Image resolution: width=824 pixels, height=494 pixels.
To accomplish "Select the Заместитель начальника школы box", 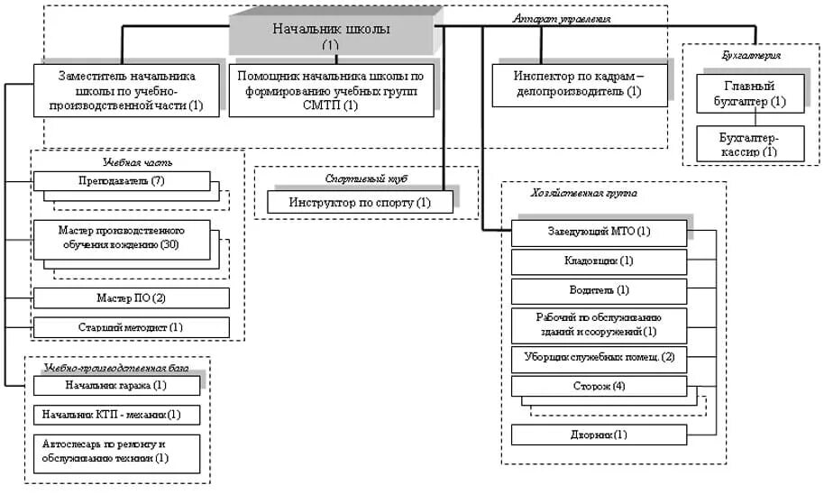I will click(127, 91).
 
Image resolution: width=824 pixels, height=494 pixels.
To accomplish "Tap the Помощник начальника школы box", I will click(331, 91).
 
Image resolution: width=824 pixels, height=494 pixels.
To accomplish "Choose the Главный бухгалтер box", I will click(749, 94).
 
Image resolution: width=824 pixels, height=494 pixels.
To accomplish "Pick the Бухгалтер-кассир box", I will click(749, 144).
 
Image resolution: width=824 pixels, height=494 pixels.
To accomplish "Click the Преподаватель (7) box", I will click(122, 181).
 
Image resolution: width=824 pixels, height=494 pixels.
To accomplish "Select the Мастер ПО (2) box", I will click(131, 298).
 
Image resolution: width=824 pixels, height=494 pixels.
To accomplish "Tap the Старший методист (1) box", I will click(131, 327).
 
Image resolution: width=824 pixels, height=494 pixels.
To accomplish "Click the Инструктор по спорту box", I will click(360, 203).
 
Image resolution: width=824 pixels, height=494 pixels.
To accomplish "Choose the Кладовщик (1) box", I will click(600, 262).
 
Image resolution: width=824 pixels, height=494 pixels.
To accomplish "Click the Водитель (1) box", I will click(600, 291).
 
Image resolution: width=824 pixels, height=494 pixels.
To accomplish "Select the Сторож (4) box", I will click(600, 387).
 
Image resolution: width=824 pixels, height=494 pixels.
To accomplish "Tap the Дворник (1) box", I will click(600, 435).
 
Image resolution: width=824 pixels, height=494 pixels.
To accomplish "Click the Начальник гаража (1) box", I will click(116, 386).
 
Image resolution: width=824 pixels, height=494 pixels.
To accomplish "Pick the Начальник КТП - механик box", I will click(116, 415).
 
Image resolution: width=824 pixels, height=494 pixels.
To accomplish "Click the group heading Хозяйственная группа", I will click(582, 192).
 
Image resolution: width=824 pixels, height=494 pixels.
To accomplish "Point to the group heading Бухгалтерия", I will click(744, 55).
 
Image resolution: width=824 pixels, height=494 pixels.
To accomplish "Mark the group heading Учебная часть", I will click(137, 161).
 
